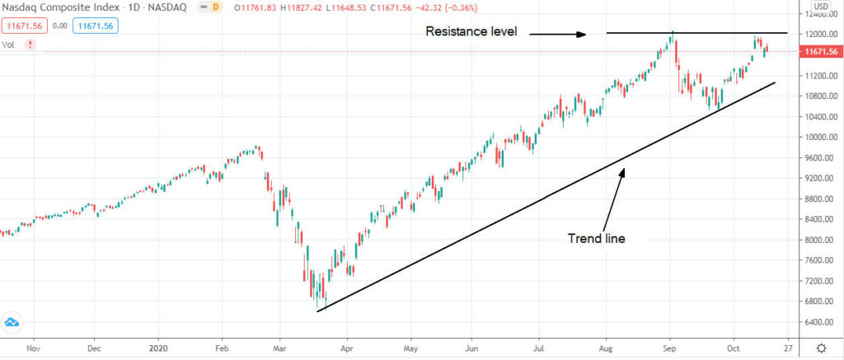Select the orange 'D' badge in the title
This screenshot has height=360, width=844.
tap(216, 7)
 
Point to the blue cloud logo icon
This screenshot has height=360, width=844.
tap(12, 321)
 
